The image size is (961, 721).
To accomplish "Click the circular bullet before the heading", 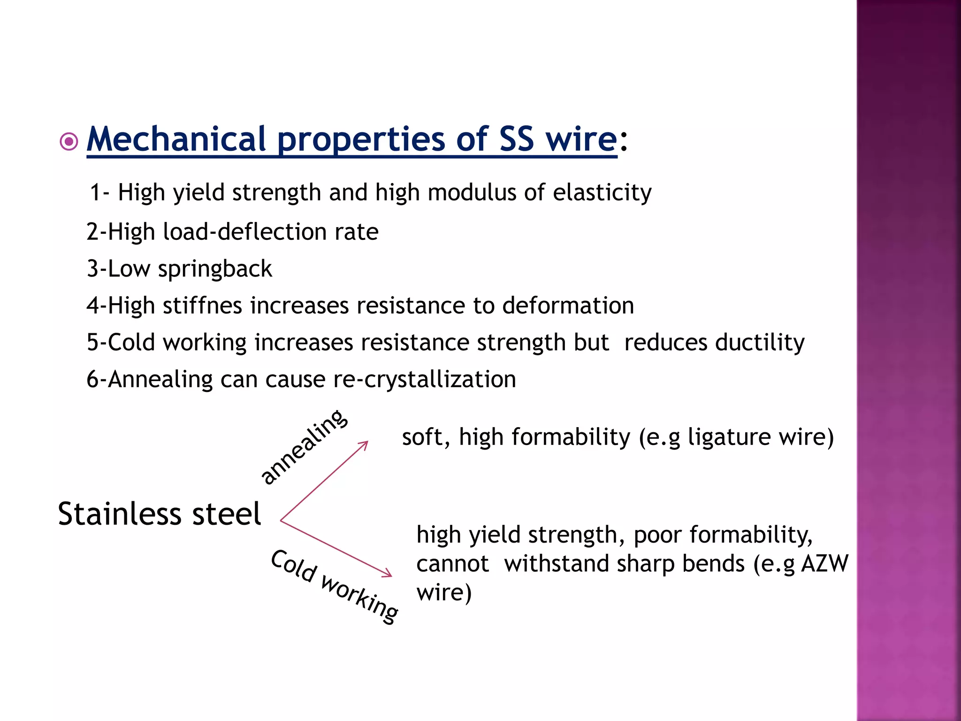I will point(69,141).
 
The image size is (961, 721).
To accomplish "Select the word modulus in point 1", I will point(471,192).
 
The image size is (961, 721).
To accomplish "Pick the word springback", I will point(215,269).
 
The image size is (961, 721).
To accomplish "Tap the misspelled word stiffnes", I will point(202,306).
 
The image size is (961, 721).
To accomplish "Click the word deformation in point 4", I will point(568,306).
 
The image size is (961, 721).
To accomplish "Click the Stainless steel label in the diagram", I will point(159,514).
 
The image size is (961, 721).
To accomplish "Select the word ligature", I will point(729,437).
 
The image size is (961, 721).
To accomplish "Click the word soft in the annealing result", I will point(422,437).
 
